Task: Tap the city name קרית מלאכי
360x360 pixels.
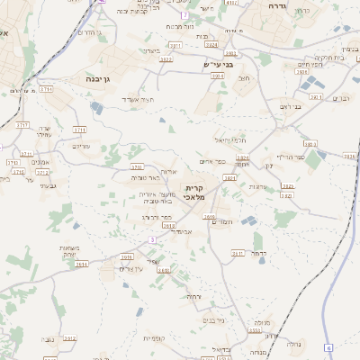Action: pyautogui.click(x=194, y=193)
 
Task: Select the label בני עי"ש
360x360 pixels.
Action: pyautogui.click(x=218, y=65)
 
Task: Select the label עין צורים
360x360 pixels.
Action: pyautogui.click(x=132, y=269)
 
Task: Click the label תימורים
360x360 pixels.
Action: pyautogui.click(x=220, y=222)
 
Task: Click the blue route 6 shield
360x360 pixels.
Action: pyautogui.click(x=328, y=346)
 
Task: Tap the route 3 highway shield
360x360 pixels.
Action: pyautogui.click(x=152, y=239)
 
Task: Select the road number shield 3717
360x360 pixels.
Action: pyautogui.click(x=23, y=125)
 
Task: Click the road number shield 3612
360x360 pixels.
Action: pyautogui.click(x=70, y=338)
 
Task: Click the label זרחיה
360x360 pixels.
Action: pyautogui.click(x=193, y=296)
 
